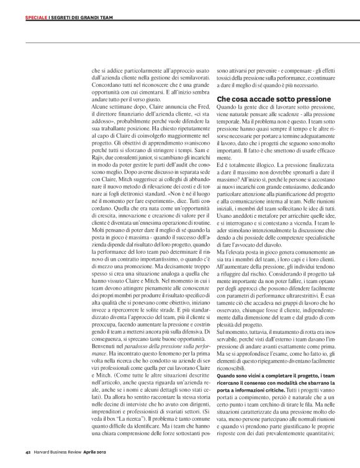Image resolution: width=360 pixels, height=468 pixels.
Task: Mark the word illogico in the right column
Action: [255, 161]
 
